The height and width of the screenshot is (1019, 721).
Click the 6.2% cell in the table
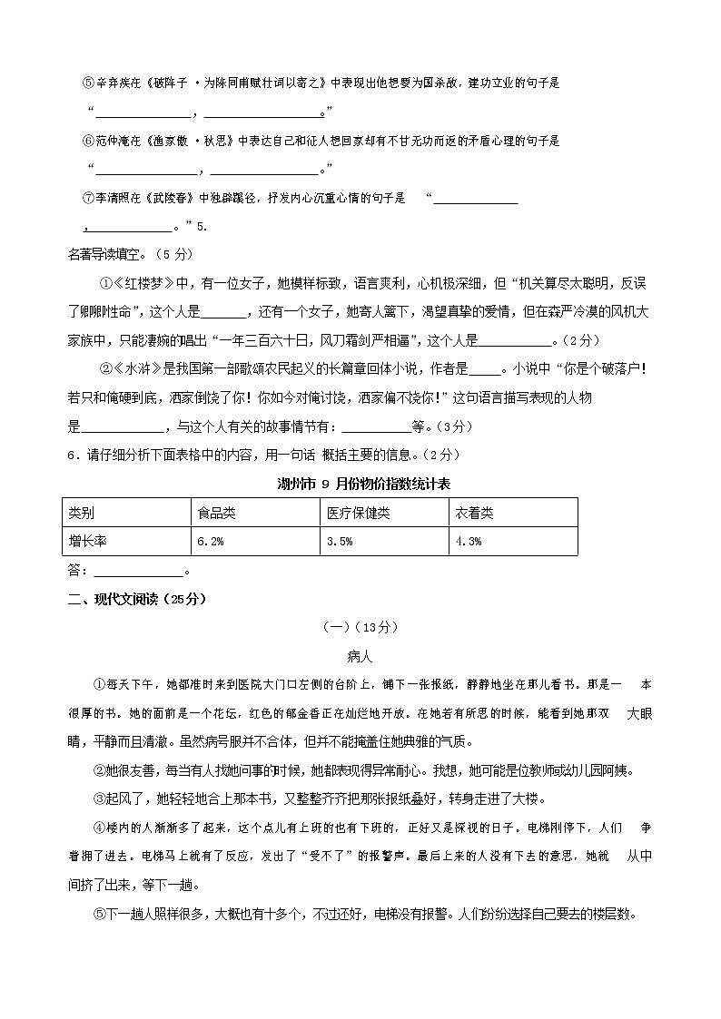pos(211,541)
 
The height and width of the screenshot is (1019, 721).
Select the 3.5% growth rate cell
pos(339,541)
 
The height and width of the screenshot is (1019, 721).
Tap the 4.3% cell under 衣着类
pos(468,541)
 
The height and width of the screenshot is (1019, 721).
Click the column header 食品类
pos(216,513)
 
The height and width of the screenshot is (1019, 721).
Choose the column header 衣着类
pos(474,513)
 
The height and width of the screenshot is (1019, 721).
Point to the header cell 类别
pos(81,513)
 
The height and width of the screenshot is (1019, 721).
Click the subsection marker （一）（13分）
pos(360,627)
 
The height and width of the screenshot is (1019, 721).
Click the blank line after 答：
pos(138,572)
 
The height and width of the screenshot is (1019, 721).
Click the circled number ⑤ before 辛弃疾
pos(88,83)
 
